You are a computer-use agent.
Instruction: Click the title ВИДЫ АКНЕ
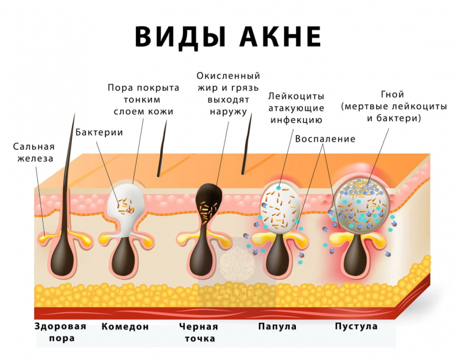tap(228, 37)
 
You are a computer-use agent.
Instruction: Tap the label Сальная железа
tap(34, 152)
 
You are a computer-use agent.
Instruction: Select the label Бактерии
tap(99, 132)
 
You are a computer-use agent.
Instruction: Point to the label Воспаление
tap(326, 138)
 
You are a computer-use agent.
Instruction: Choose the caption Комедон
tap(125, 326)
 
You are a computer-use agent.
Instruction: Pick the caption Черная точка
tap(199, 332)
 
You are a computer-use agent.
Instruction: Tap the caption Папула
tap(277, 326)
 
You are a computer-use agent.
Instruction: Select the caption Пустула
tap(356, 326)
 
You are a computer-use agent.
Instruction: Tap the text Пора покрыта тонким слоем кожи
tap(143, 99)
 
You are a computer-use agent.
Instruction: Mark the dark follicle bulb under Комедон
tap(127, 254)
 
